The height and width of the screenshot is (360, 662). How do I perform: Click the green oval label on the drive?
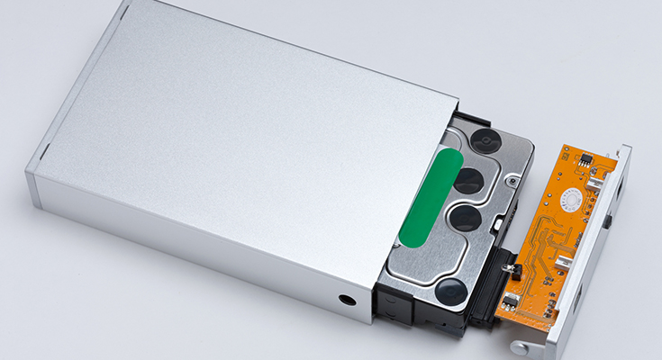431,197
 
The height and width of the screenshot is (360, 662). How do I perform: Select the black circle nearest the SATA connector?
450,291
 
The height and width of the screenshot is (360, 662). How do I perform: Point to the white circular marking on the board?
569,200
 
